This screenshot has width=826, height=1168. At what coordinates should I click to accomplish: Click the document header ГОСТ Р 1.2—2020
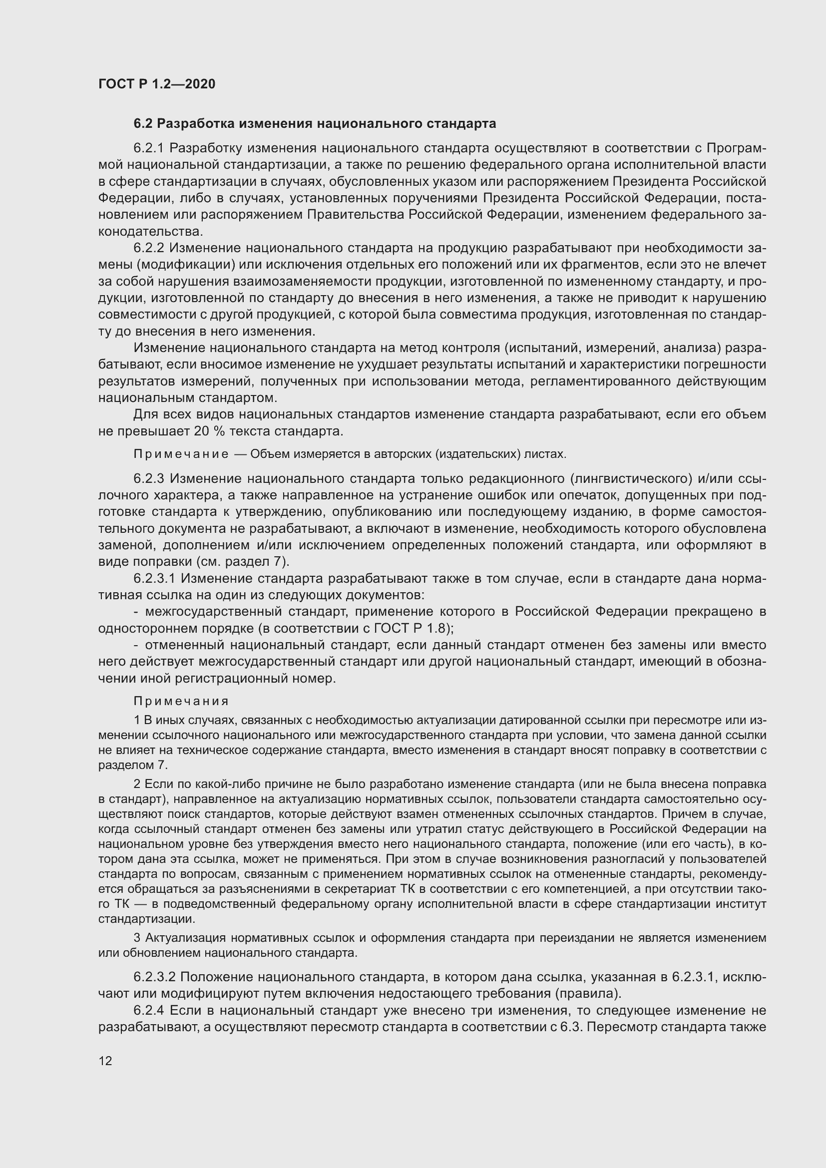[x=157, y=84]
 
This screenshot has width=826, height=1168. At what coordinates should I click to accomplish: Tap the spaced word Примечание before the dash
[x=181, y=454]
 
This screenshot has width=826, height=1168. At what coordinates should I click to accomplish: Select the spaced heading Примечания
[x=181, y=701]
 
